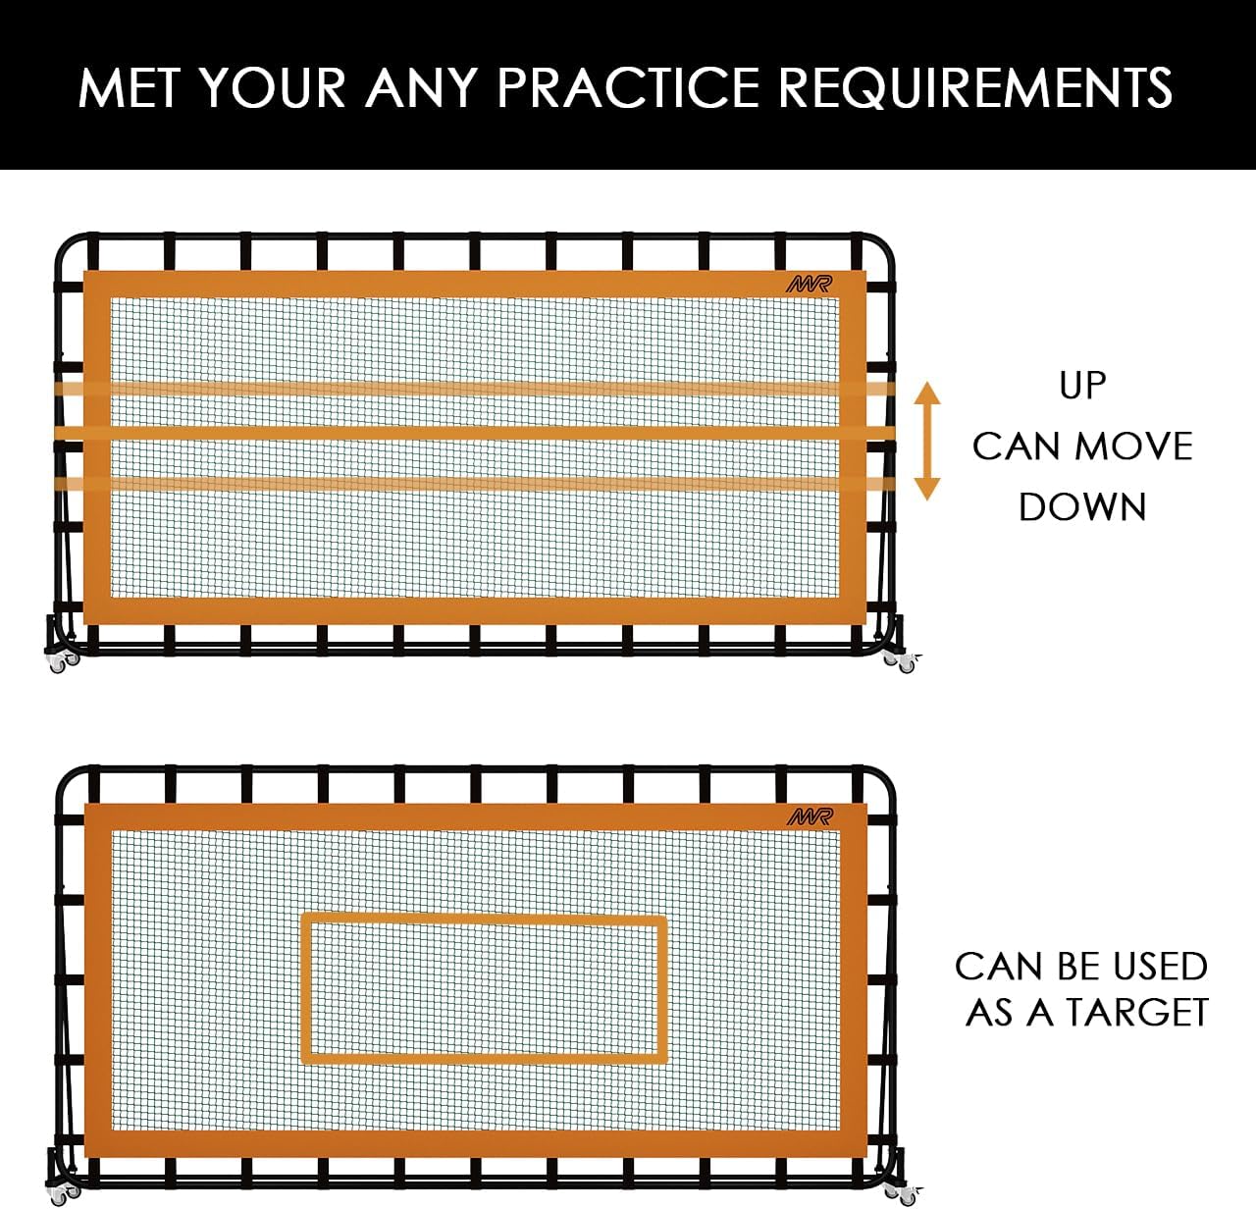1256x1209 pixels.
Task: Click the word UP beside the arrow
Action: (1082, 386)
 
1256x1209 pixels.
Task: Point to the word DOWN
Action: (1082, 507)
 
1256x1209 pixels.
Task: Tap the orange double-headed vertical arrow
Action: (927, 441)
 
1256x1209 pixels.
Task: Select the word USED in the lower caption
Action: (1161, 967)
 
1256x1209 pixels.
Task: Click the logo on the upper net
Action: (809, 285)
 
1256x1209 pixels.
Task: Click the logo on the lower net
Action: (809, 816)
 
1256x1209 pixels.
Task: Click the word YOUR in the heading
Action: (274, 88)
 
